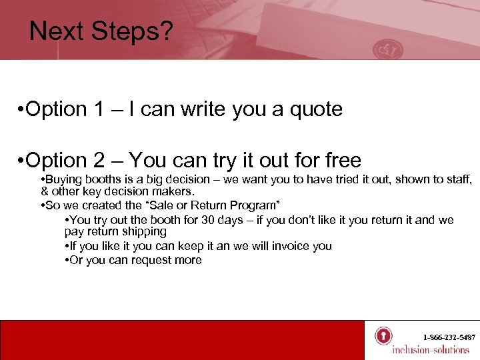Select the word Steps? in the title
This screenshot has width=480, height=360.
coord(134,32)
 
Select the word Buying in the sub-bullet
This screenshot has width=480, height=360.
coord(63,180)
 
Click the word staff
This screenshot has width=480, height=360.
coord(457,180)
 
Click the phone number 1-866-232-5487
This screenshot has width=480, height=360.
coord(449,338)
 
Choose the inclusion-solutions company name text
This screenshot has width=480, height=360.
coord(431,350)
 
